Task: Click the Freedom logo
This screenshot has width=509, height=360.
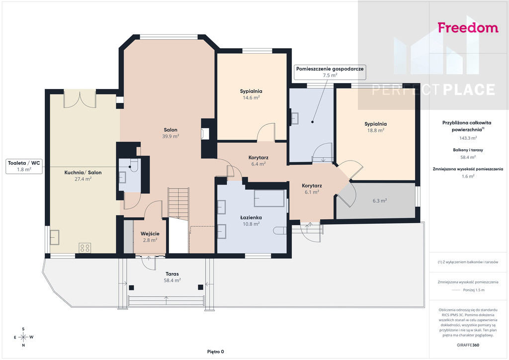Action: (468, 27)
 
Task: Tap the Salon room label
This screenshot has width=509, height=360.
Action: (170, 130)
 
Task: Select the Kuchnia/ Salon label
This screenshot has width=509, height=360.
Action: (83, 173)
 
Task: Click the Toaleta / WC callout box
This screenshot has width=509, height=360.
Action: (24, 166)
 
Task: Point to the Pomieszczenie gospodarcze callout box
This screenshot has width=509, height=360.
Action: (330, 72)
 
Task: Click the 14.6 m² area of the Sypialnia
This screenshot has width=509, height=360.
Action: (251, 97)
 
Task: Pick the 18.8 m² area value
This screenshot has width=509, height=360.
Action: (376, 130)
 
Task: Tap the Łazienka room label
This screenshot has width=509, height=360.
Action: (251, 217)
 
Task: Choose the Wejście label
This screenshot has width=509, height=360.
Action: (150, 233)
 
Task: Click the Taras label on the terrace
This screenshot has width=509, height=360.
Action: (172, 273)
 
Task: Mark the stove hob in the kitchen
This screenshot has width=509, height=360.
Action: (85, 248)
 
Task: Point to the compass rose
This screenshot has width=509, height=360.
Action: (23, 337)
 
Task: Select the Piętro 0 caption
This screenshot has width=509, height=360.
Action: (216, 352)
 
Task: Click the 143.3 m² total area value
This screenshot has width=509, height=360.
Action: (468, 138)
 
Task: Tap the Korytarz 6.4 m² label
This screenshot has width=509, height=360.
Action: (258, 161)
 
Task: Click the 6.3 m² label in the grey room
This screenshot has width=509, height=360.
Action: (379, 200)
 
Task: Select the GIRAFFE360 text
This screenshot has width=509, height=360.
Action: (468, 345)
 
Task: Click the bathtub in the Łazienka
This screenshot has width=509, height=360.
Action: (269, 198)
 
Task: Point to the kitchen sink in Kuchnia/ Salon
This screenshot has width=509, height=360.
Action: (55, 237)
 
